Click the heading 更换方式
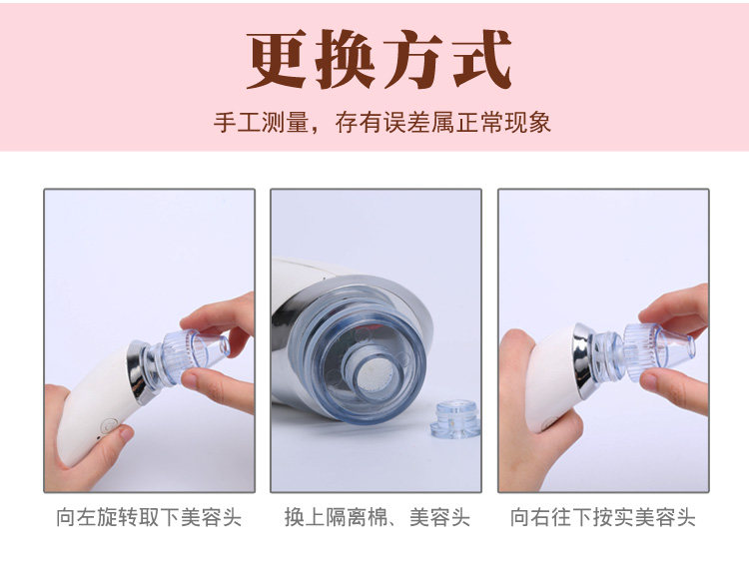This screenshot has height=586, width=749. pyautogui.click(x=379, y=59)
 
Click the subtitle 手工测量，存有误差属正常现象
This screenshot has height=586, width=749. pyautogui.click(x=382, y=123)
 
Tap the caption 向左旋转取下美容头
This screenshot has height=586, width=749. pyautogui.click(x=149, y=517)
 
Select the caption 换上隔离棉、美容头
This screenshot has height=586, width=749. pyautogui.click(x=377, y=517)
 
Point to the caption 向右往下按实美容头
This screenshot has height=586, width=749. pyautogui.click(x=603, y=517)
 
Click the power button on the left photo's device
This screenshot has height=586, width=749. pyautogui.click(x=110, y=425)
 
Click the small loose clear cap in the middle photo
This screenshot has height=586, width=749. pyautogui.click(x=455, y=419)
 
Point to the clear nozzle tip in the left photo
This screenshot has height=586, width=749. pyautogui.click(x=196, y=351)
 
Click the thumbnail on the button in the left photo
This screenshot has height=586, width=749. pyautogui.click(x=126, y=433)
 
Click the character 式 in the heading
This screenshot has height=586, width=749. pyautogui.click(x=481, y=59)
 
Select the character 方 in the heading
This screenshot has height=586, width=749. pyautogui.click(x=413, y=59)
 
